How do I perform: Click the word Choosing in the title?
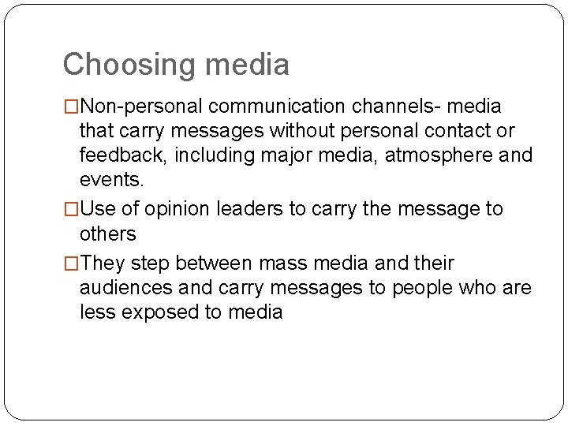coord(129,65)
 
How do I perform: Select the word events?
coord(112,179)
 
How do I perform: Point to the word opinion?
coord(179,209)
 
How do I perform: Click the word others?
coord(108,234)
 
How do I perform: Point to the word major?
coord(310,155)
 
